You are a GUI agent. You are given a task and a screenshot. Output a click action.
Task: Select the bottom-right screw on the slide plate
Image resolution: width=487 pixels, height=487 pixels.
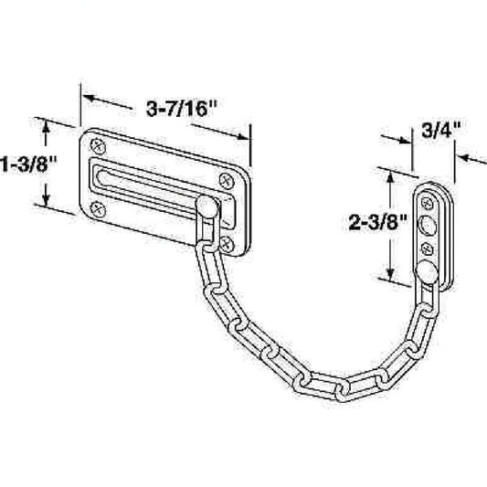point(225,242)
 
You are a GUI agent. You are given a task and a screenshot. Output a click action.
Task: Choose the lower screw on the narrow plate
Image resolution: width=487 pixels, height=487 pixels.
point(428,247)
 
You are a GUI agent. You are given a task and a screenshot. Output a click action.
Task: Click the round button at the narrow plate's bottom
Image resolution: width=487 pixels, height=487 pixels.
point(427,268)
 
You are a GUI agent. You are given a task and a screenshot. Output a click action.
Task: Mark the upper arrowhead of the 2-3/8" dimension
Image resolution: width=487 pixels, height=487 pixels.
point(391,175)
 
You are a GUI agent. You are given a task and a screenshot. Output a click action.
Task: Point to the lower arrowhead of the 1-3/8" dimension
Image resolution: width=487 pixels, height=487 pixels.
point(42,202)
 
